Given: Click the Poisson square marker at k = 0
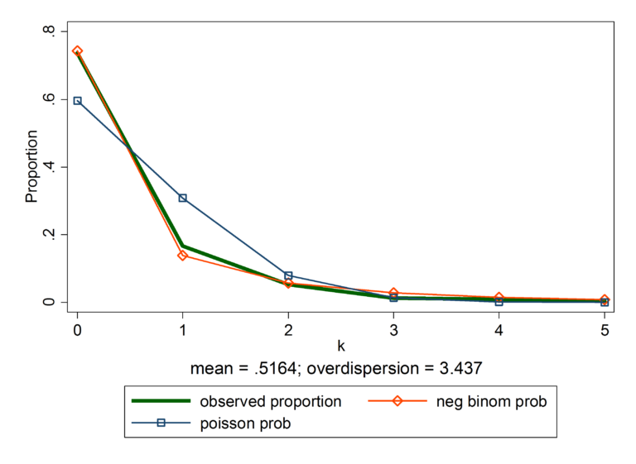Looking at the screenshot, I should [78, 101].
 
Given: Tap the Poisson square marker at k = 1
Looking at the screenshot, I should [183, 199].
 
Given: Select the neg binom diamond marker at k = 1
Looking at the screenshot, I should [183, 256].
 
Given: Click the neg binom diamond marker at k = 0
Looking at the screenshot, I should [78, 51].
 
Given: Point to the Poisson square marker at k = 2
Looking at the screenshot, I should [288, 275].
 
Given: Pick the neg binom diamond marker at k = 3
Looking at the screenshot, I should [393, 293].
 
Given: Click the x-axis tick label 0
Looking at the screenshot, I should [78, 329].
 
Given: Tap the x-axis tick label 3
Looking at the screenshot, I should [393, 329].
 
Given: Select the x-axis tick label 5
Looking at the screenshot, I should [605, 329].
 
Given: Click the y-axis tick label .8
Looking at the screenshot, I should [51, 31].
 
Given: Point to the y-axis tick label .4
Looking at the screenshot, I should [51, 167].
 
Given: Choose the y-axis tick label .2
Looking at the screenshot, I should [51, 235].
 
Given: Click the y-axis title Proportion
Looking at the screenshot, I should [31, 166].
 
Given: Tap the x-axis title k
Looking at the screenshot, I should [340, 345].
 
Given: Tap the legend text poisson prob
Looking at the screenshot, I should [245, 423].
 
